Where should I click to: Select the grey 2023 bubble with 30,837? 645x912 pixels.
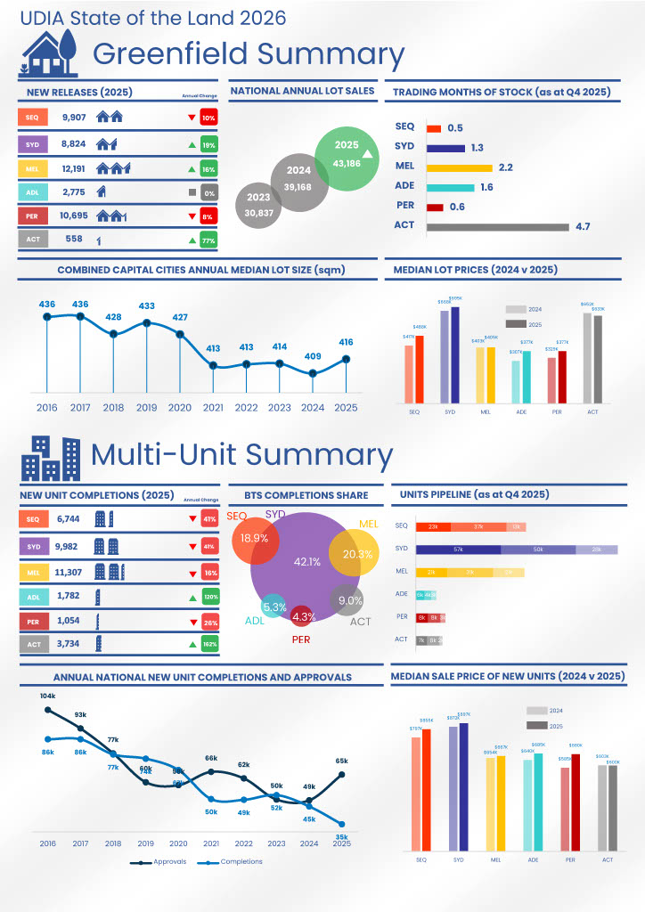(x=258, y=203)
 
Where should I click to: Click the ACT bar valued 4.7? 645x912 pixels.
(x=497, y=227)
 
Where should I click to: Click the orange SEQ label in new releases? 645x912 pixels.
(x=31, y=118)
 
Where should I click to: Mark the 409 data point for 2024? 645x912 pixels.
(x=312, y=374)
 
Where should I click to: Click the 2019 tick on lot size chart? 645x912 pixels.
(x=146, y=408)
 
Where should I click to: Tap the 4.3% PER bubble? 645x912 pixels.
(x=304, y=616)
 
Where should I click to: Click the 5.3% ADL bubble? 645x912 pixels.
(x=275, y=607)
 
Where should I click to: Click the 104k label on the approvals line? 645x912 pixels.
(x=47, y=696)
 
